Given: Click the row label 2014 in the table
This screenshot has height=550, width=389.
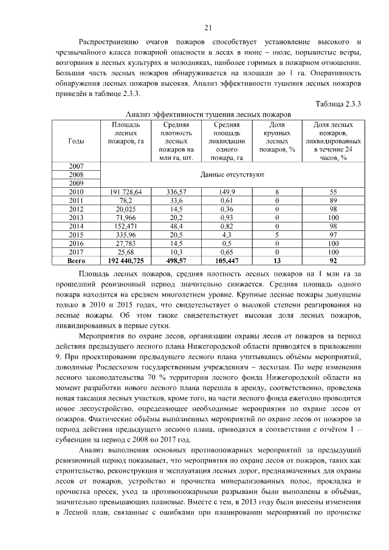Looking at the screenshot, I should click(77, 225).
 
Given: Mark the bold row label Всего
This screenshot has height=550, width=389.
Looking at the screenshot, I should click(77, 260).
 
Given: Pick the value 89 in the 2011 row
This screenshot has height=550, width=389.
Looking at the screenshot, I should click(333, 200).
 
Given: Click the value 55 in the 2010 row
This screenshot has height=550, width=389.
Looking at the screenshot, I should click(333, 191).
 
